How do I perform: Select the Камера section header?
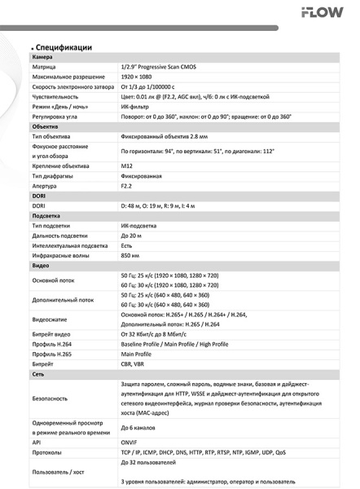click(42, 59)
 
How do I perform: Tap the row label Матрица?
click(45, 68)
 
